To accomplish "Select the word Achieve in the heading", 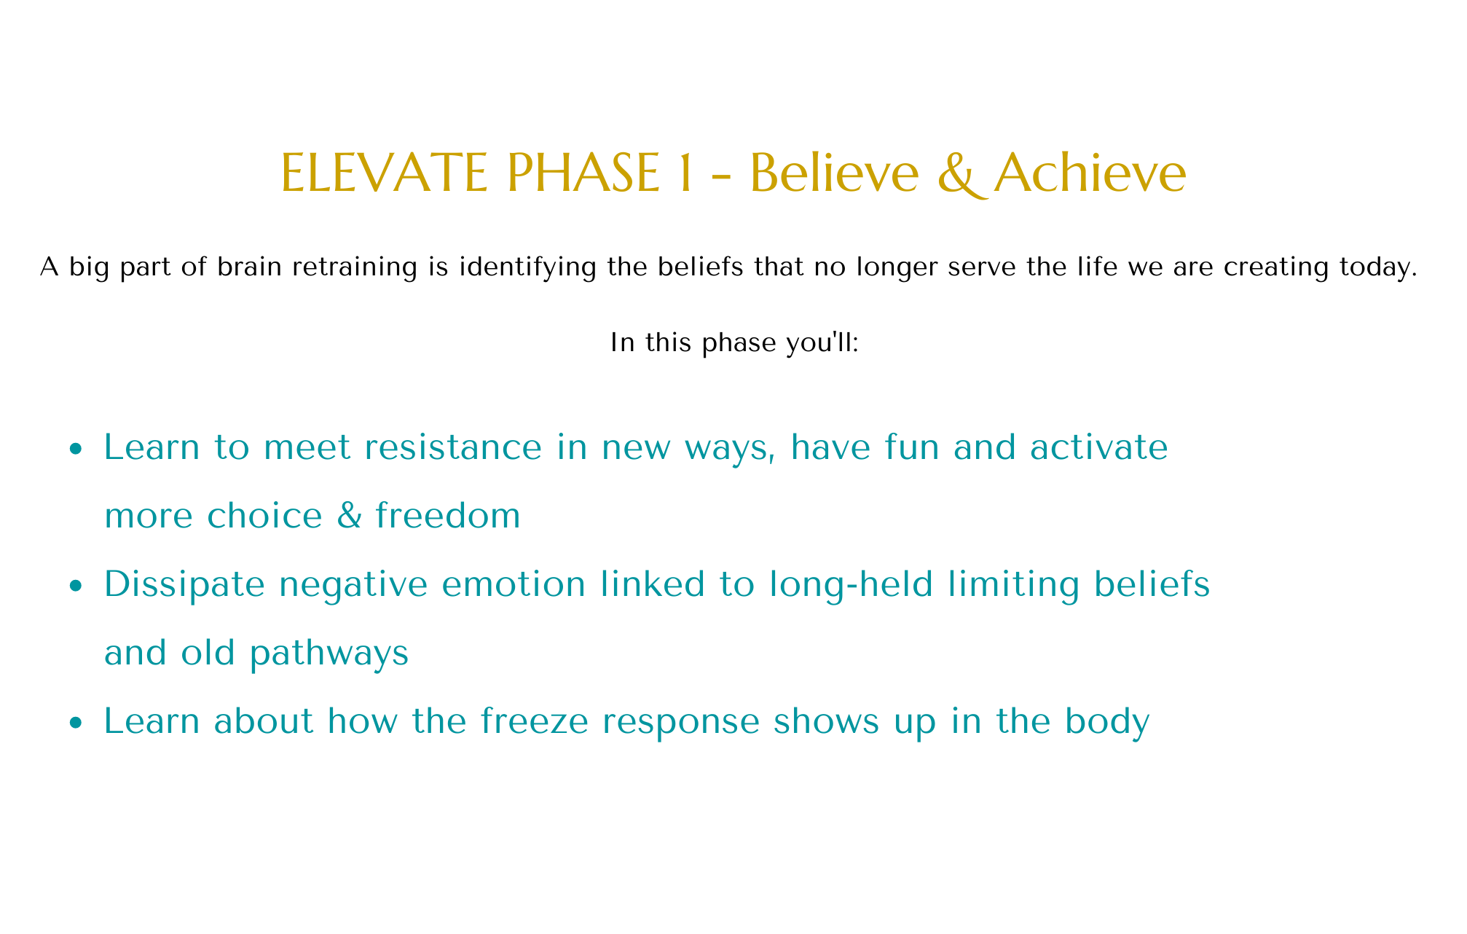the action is coord(1090,173).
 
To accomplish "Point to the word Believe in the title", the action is coord(834,173).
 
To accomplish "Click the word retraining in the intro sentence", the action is coord(355,267).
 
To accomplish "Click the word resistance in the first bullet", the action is coord(453,447).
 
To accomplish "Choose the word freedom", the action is coord(448,515).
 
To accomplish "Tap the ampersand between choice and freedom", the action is coord(350,515).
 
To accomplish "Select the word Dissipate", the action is coord(184,584).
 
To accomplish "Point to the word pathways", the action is coord(329,653).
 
